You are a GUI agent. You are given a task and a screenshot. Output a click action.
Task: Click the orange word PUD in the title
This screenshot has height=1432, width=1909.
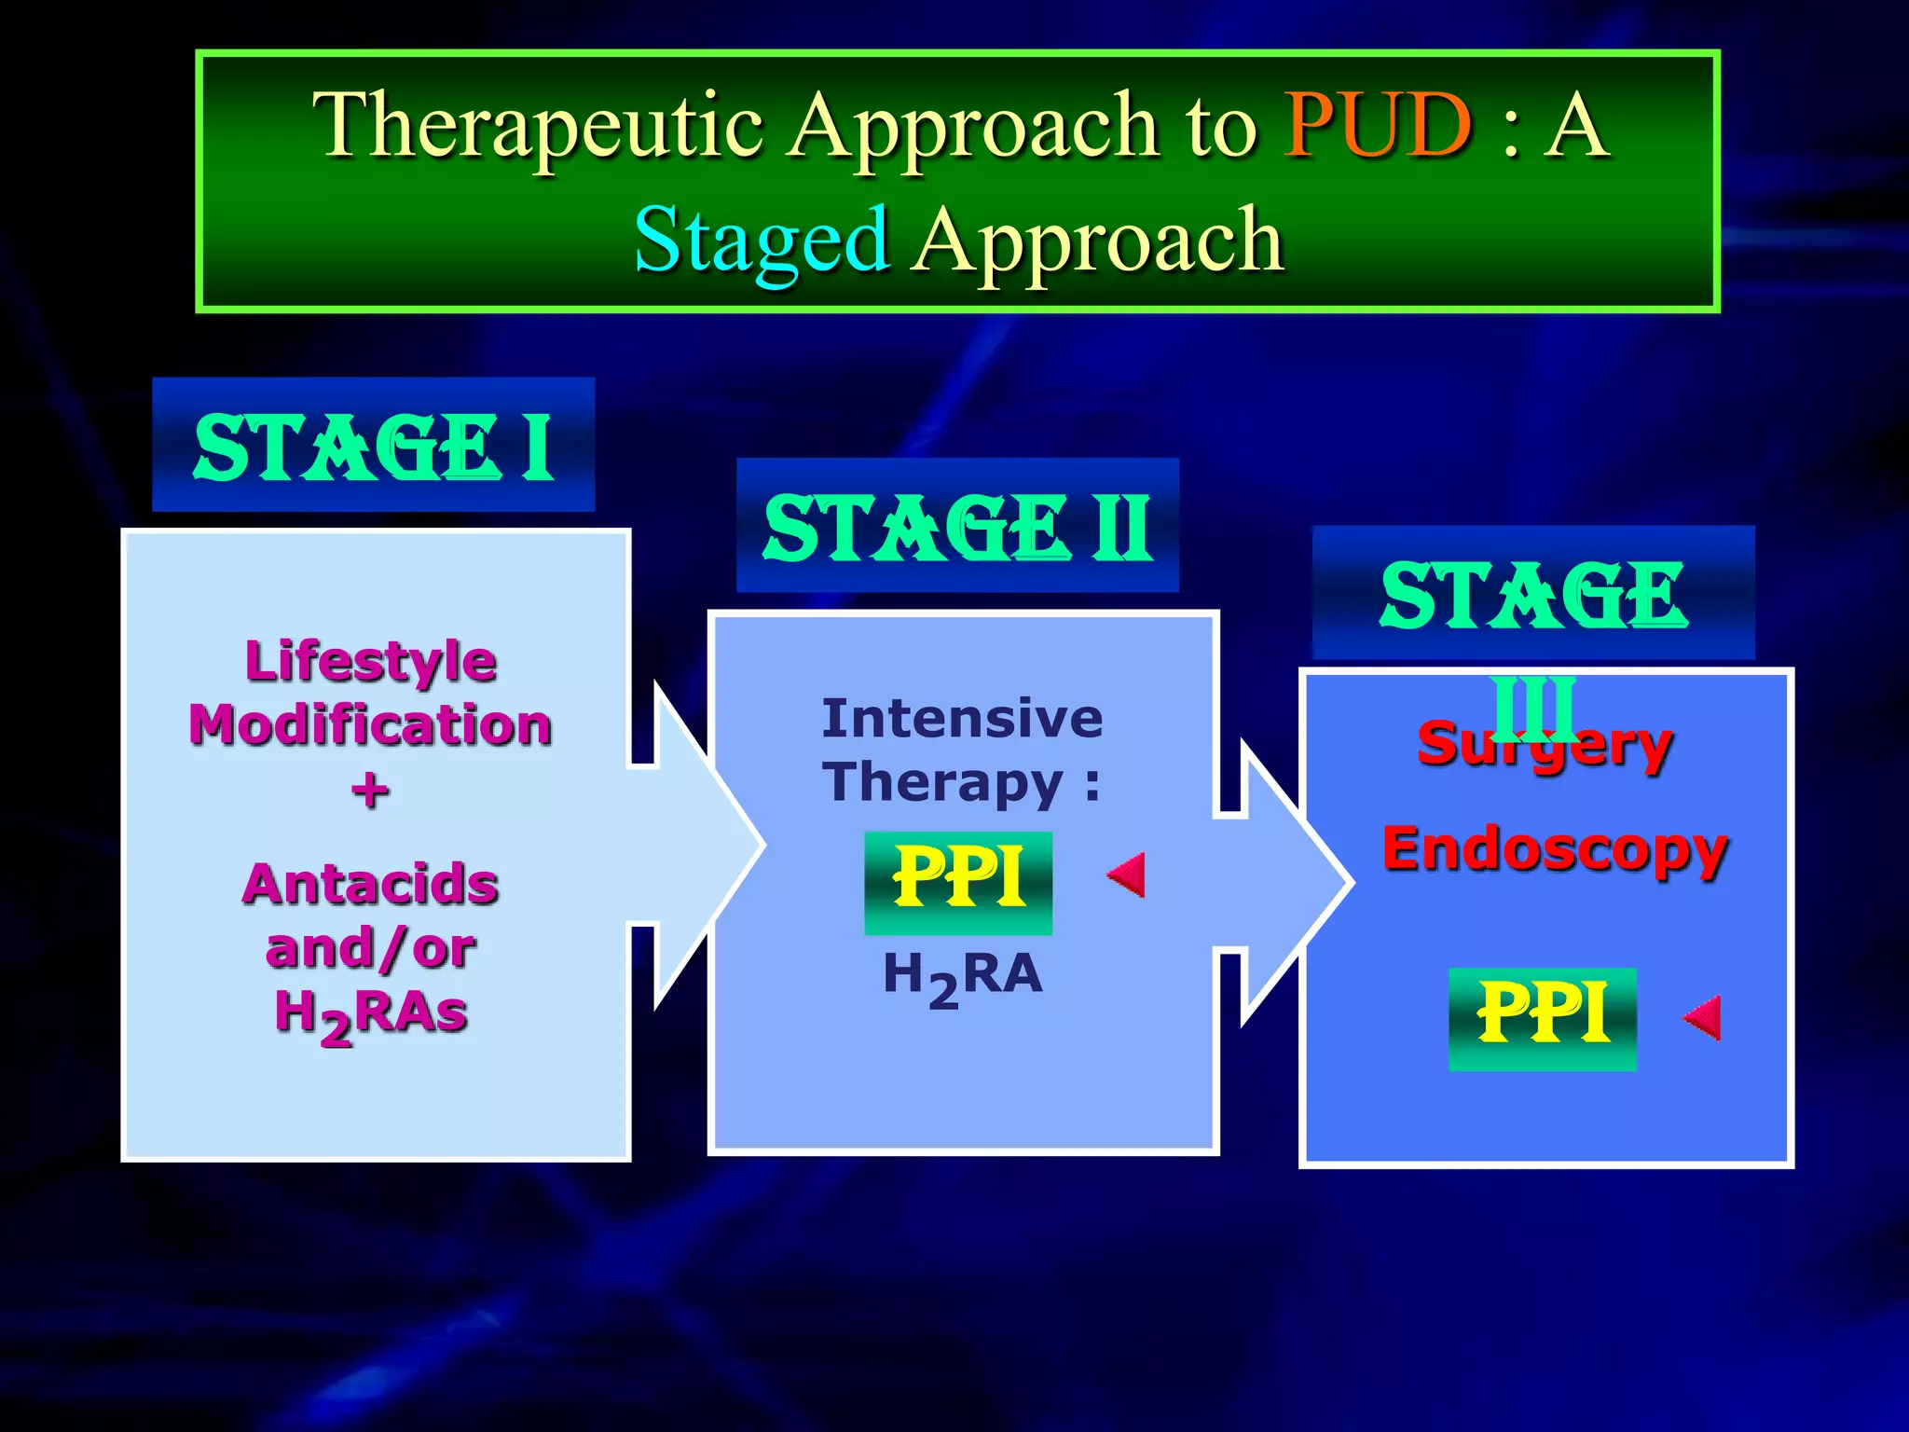tap(1378, 126)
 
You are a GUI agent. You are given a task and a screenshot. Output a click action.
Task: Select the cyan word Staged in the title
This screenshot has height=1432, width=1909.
tap(762, 241)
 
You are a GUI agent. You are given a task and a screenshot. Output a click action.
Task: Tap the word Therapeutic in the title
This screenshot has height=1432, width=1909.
tap(538, 126)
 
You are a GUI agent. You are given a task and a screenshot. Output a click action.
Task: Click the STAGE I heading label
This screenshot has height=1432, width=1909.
tap(373, 447)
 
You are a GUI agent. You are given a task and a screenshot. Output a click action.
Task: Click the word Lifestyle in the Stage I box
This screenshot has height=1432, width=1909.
tap(371, 661)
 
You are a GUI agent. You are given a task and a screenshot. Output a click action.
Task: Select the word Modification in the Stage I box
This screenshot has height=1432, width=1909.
tap(371, 725)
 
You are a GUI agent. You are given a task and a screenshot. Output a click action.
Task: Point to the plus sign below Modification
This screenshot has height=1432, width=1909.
tap(370, 791)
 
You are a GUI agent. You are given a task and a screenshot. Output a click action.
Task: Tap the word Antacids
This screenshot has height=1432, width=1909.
tap(371, 884)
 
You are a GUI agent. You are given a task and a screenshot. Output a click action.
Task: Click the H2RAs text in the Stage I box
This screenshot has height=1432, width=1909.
tap(371, 1014)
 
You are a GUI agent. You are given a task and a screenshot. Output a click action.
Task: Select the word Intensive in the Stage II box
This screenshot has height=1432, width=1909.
tap(962, 719)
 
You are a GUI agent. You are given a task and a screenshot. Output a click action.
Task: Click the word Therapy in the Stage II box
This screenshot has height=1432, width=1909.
tap(942, 781)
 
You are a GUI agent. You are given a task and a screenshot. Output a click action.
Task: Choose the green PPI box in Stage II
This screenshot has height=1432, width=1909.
tap(958, 882)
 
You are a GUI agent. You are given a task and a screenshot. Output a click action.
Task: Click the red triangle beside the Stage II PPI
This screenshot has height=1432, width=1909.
tap(1128, 874)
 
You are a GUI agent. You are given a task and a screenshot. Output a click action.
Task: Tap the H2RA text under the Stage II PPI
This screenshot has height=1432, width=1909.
tap(962, 976)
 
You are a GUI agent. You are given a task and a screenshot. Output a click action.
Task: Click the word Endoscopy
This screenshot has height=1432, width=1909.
tap(1555, 849)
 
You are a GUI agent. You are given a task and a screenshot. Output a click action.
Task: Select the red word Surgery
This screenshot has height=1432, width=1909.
tap(1545, 745)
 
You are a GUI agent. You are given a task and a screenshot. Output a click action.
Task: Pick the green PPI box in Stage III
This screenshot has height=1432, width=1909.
tap(1543, 1018)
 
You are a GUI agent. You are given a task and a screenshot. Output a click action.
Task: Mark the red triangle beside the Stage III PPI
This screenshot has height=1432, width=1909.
tap(1704, 1017)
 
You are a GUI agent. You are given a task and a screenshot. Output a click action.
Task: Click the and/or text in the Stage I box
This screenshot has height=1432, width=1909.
tap(371, 949)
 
